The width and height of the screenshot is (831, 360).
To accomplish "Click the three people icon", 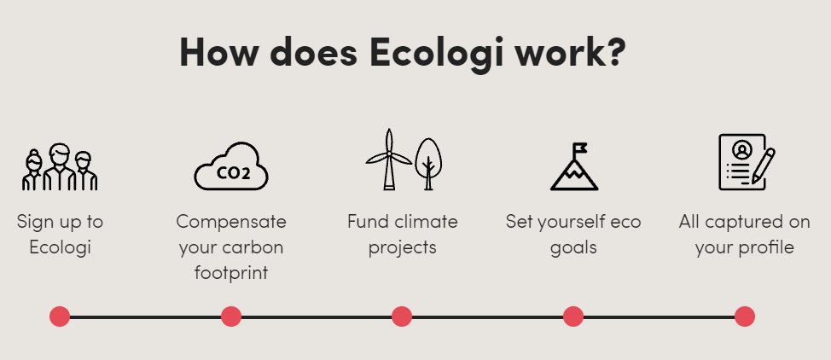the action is click(60, 166).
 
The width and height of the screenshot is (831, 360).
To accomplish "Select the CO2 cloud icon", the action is click(231, 166).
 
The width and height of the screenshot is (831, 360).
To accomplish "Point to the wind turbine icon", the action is click(388, 159).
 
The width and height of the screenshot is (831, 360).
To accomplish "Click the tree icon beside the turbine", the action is click(428, 164).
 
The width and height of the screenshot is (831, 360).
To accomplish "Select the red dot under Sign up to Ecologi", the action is click(60, 316).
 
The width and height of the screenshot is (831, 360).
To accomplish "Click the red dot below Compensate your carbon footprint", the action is click(231, 316).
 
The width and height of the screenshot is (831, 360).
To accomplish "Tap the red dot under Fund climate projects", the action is click(402, 316).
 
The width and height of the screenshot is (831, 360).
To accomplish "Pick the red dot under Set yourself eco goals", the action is click(573, 316).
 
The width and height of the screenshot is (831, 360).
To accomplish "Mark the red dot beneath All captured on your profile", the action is click(745, 316).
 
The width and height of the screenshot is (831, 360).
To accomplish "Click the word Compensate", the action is click(231, 222).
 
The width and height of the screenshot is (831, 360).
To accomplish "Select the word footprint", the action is click(231, 272).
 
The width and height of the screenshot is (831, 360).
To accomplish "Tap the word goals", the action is click(573, 248).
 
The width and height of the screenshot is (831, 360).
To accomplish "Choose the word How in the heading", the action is click(215, 53).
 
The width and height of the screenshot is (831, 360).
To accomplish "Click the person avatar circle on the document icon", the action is click(742, 150).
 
